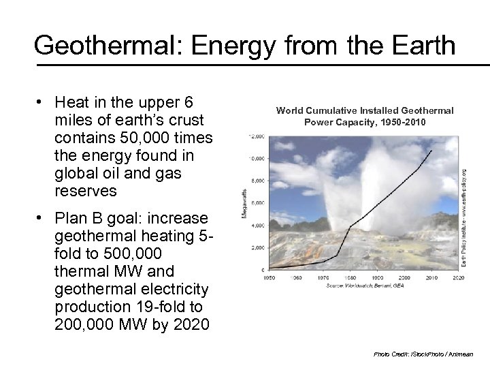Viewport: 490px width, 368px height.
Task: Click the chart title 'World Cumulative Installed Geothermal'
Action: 365,110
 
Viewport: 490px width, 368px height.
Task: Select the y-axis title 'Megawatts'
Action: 244,204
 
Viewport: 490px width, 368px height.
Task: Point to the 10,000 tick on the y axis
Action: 257,159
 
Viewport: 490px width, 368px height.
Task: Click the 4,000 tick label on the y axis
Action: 258,226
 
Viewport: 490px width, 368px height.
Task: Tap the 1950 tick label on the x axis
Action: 269,277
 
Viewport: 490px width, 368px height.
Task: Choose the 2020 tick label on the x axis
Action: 459,277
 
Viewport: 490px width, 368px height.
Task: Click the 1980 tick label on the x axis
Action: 350,277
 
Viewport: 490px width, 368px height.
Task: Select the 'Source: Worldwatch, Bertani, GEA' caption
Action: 363,286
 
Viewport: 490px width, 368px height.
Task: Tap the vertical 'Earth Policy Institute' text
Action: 464,217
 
